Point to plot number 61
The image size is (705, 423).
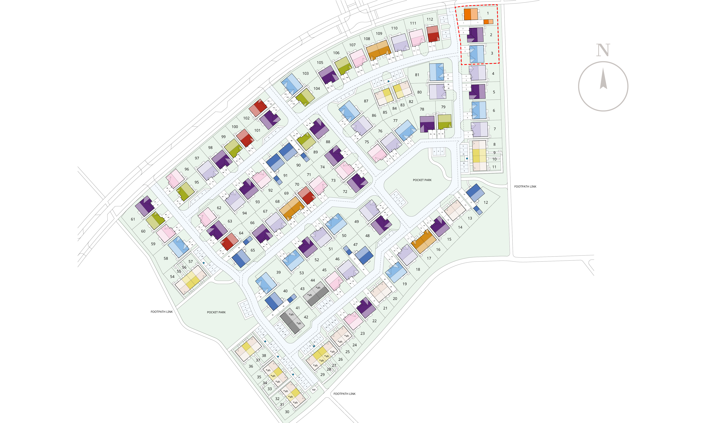click(133, 219)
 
